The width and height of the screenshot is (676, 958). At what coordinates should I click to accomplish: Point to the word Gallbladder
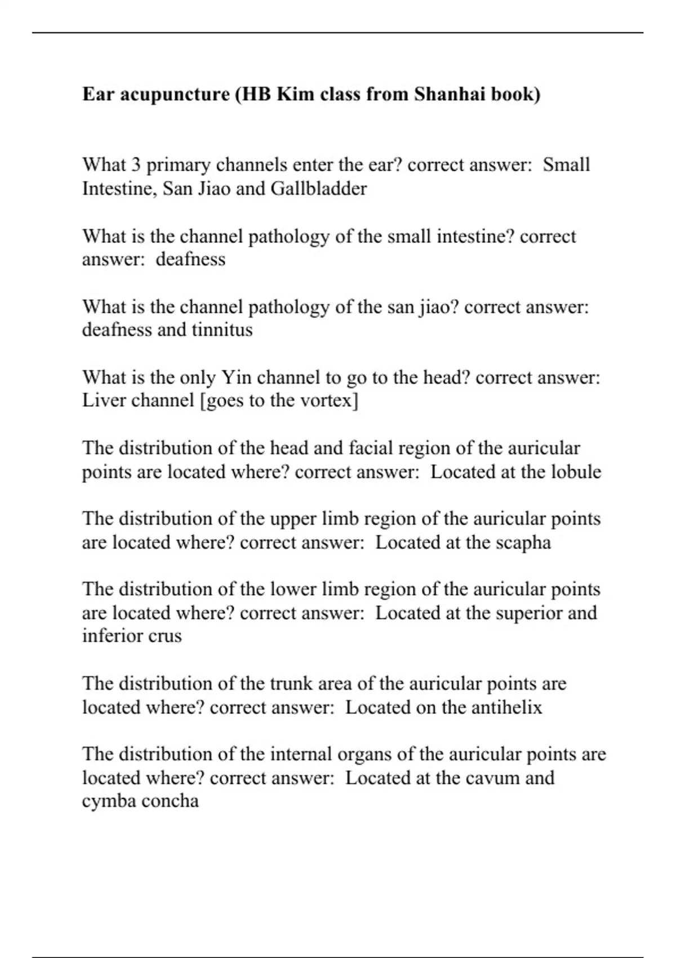tap(319, 188)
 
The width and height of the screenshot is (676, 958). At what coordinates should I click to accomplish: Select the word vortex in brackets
tap(326, 401)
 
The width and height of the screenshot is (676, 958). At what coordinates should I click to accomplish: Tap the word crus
tap(164, 636)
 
